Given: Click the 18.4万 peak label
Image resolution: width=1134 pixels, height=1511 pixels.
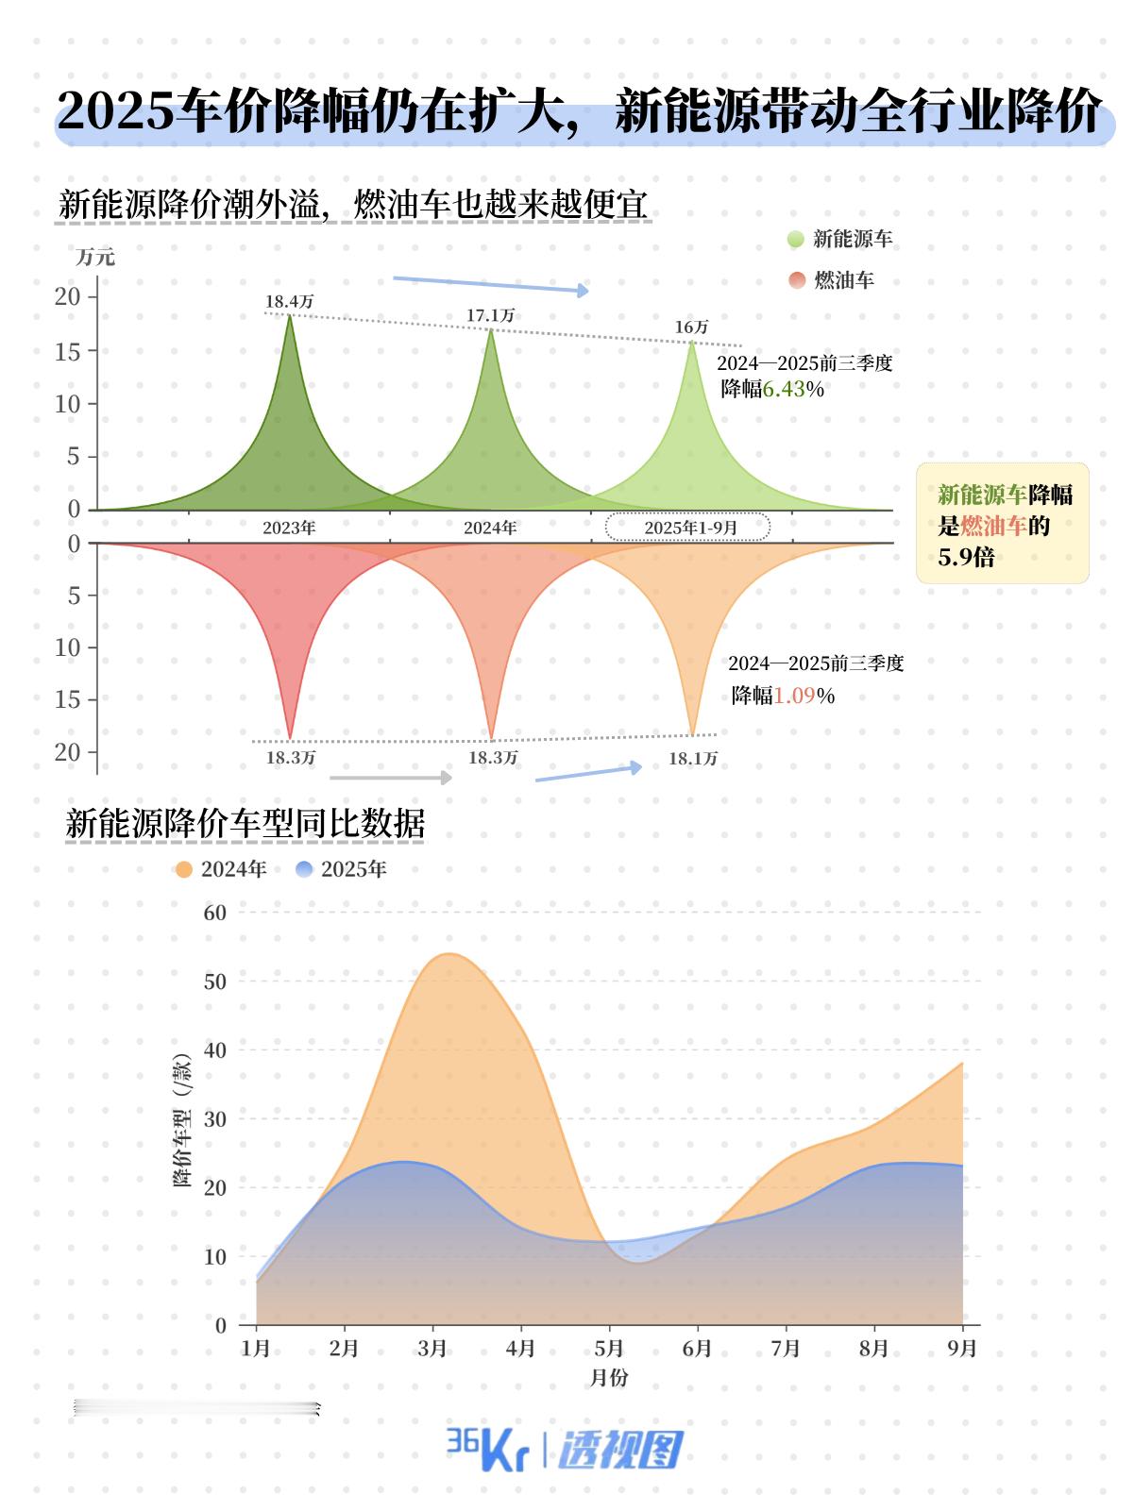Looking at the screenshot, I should [289, 302].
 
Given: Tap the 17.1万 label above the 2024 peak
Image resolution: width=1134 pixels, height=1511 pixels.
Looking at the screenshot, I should [490, 315].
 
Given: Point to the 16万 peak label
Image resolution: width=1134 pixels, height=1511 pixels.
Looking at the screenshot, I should [691, 327].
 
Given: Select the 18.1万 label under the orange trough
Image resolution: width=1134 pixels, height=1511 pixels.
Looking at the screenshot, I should [693, 759].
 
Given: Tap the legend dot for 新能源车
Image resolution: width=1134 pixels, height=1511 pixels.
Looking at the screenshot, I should [796, 240].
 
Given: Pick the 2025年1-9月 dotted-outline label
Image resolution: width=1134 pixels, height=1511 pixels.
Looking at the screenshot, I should [688, 528].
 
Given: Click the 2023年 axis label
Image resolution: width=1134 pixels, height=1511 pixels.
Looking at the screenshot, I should [289, 528].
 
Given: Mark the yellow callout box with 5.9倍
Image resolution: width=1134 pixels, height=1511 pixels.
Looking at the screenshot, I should [1002, 524].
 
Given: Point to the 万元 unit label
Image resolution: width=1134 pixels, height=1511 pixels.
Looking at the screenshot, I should [94, 257].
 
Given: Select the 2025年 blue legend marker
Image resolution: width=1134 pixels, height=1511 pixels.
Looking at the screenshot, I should [304, 869].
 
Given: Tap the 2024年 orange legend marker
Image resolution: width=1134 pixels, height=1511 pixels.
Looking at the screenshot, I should [184, 869].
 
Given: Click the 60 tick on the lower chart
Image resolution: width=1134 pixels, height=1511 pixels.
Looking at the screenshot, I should [215, 913].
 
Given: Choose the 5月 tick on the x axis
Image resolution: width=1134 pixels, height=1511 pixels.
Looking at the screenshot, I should [609, 1349].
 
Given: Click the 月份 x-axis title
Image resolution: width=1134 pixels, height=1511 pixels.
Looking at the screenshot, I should [609, 1378].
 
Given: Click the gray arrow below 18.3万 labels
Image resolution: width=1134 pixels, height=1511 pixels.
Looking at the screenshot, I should [390, 778].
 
